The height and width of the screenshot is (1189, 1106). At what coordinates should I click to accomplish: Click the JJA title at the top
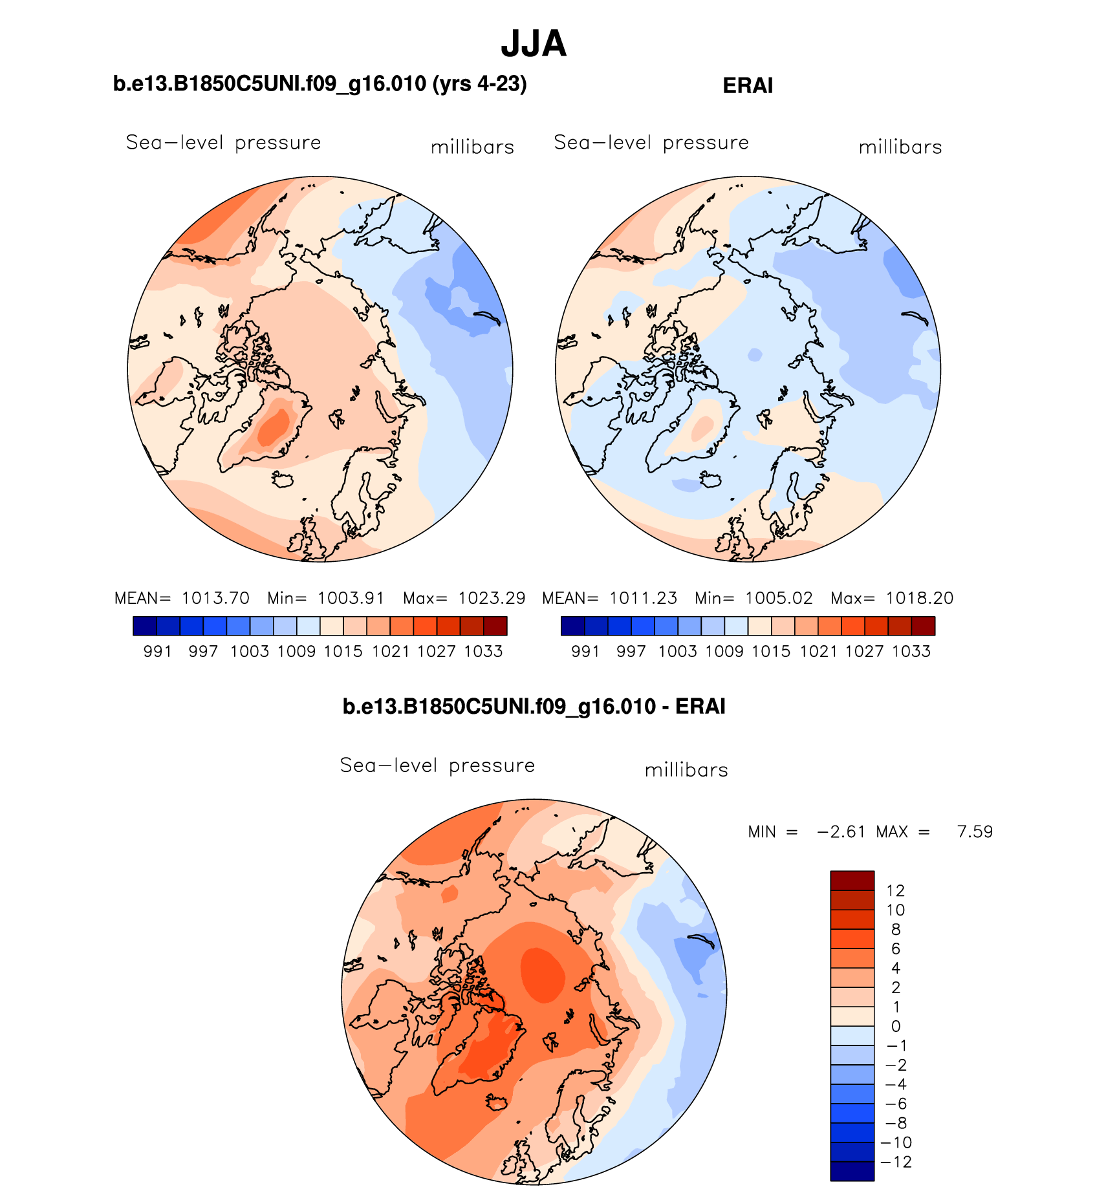534,44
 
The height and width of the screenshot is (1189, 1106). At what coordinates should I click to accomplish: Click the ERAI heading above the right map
748,86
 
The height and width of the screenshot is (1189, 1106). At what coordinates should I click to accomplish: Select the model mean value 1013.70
215,598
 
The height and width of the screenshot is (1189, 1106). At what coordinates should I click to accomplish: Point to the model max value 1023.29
492,598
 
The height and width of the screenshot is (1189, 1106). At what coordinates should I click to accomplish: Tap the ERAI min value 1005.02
779,598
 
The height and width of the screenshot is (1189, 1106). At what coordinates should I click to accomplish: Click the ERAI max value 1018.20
919,598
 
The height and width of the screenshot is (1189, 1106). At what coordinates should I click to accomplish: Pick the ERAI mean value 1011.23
644,598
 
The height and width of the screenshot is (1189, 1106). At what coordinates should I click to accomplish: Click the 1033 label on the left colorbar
483,651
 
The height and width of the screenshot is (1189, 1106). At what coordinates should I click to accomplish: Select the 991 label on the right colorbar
585,651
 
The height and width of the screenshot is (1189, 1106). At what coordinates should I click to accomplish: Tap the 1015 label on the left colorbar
343,651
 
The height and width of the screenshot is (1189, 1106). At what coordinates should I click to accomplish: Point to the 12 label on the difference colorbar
895,891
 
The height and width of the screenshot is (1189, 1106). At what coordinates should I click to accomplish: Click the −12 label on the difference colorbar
896,1162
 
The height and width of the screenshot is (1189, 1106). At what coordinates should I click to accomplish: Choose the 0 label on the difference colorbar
896,1026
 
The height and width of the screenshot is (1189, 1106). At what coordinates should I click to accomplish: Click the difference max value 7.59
975,831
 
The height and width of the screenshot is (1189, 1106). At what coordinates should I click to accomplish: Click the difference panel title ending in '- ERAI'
534,707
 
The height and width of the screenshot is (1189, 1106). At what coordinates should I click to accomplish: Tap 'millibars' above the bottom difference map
686,770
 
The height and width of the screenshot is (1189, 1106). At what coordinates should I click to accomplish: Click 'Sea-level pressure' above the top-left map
223,143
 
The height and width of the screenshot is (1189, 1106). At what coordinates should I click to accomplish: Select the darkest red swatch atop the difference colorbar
852,881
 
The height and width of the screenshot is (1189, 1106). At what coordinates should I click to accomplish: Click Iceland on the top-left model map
283,480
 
